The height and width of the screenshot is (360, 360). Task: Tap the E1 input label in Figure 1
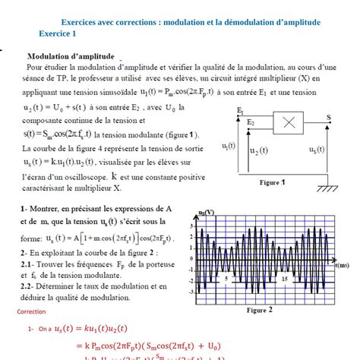point(240,110)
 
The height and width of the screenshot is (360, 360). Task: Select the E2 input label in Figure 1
point(251,122)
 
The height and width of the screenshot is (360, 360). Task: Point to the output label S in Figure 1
point(329,116)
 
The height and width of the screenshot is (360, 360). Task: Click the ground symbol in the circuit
point(328,188)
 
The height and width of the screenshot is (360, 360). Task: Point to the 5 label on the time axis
point(226,279)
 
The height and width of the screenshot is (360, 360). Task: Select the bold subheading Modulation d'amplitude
point(71,56)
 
